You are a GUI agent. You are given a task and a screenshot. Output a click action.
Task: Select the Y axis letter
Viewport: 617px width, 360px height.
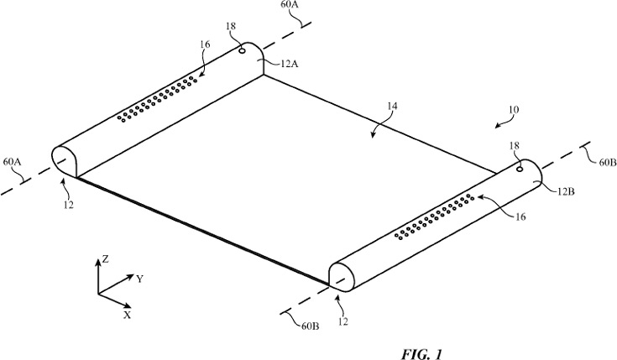coord(139,279)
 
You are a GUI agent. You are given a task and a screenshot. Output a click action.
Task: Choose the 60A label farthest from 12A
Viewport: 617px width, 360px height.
coord(13,160)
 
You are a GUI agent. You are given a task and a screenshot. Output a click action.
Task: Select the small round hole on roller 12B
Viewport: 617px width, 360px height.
coord(520,170)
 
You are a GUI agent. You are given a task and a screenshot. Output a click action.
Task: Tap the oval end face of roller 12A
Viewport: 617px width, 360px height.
coord(65,159)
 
